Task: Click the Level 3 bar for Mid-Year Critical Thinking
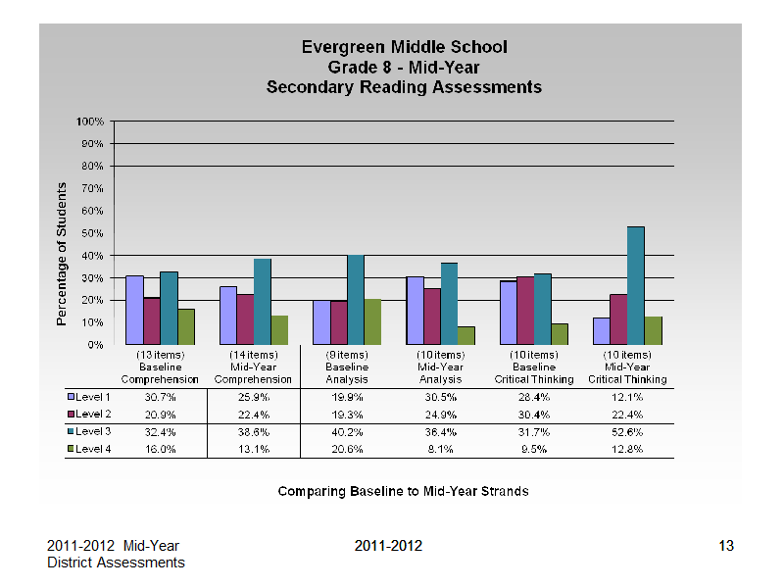[x=635, y=285]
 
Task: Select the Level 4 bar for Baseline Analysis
[x=372, y=322]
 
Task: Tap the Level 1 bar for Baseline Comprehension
[x=134, y=310]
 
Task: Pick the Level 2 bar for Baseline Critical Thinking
[x=525, y=311]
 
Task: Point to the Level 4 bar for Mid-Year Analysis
[x=466, y=335]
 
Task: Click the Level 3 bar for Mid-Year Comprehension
[x=263, y=302]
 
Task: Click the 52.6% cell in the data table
[x=627, y=432]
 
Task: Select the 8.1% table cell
[x=440, y=449]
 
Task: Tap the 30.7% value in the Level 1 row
[x=161, y=397]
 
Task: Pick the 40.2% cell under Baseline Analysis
[x=347, y=432]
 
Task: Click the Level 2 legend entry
[x=89, y=414]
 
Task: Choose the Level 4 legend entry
[x=89, y=449]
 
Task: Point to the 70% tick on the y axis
[x=93, y=188]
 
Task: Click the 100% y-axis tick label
[x=90, y=122]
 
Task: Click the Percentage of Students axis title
[x=62, y=254]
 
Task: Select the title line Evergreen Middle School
[x=405, y=47]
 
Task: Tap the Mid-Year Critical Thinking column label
[x=627, y=367]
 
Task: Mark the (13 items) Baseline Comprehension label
[x=160, y=367]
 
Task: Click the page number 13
[x=726, y=546]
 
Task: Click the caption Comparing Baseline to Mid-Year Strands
[x=404, y=492]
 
